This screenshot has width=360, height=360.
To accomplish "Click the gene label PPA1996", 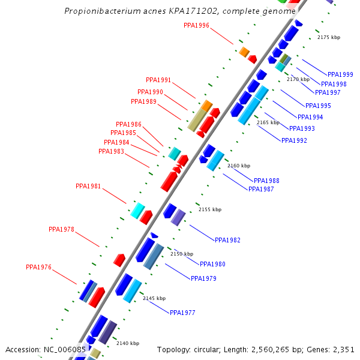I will point(196,25).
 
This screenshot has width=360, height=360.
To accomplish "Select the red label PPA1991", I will point(158,80).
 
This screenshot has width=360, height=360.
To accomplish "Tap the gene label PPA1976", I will point(38,267).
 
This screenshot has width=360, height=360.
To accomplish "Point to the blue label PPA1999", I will point(340,74).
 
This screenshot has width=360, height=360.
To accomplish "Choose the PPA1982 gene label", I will point(227,240).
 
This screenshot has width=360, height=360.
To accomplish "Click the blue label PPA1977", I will point(182,313).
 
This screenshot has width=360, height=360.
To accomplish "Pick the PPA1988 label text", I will point(266,181).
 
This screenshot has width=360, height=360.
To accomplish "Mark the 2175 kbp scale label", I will point(328,37).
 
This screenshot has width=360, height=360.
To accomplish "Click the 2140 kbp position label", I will point(127,343).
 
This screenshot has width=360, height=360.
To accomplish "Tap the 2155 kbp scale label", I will point(209,209).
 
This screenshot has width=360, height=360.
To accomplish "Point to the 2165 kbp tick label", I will point(268,122).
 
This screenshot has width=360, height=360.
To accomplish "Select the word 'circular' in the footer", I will point(208,349).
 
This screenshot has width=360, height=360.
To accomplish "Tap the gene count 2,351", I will point(343,349).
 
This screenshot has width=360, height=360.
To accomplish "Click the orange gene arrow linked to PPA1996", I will point(244,52).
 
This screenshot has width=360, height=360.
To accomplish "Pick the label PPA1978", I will point(61,229).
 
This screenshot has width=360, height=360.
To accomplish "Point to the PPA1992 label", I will point(294,140).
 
